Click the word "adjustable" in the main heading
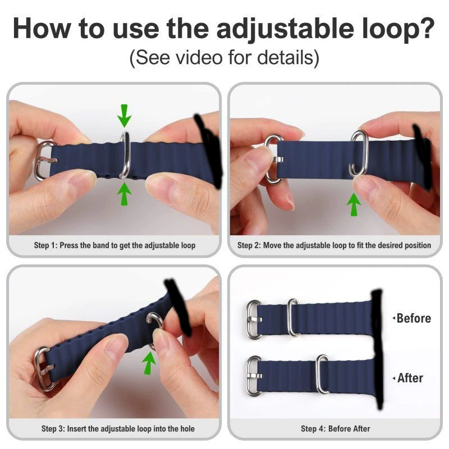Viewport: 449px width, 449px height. pyautogui.click(x=285, y=29)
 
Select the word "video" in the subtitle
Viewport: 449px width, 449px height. pyautogui.click(x=199, y=57)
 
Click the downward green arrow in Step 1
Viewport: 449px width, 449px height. pyautogui.click(x=124, y=116)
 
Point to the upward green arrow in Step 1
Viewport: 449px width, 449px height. pyautogui.click(x=124, y=194)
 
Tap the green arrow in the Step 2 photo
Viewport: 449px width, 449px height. pyautogui.click(x=354, y=204)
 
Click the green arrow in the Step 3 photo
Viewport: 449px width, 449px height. pyautogui.click(x=149, y=363)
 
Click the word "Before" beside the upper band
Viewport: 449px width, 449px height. pyautogui.click(x=414, y=318)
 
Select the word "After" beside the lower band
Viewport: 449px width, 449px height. pyautogui.click(x=410, y=378)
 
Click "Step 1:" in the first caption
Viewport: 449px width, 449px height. pyautogui.click(x=46, y=245)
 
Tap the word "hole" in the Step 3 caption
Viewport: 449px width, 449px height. pyautogui.click(x=187, y=429)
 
